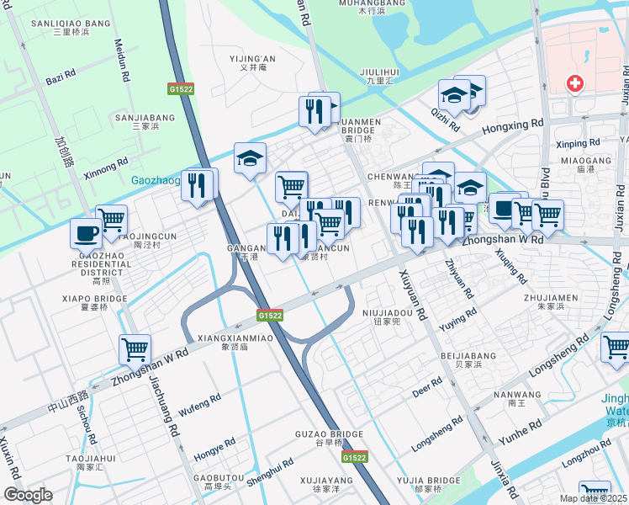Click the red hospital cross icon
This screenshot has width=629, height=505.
pyautogui.click(x=575, y=83)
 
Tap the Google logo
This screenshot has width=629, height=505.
pyautogui.click(x=28, y=495)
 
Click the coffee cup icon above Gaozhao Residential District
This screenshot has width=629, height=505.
pyautogui.click(x=86, y=231)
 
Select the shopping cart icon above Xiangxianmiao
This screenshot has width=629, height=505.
pyautogui.click(x=135, y=348)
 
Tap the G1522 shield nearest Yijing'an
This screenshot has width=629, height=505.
pyautogui.click(x=177, y=88)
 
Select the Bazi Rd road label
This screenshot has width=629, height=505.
pyautogui.click(x=61, y=77)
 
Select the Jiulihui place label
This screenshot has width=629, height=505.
pyautogui.click(x=378, y=72)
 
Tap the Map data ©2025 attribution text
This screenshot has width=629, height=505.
pyautogui.click(x=593, y=498)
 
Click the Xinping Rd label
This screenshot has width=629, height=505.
pyautogui.click(x=578, y=144)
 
